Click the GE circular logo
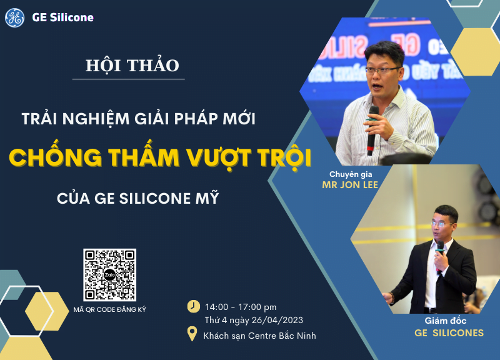point(14,17)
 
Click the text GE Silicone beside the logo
point(62,17)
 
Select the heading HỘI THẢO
point(132,66)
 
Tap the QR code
point(109,274)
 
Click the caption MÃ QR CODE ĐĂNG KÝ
point(109,310)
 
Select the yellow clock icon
point(194,306)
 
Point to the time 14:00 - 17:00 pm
point(241,307)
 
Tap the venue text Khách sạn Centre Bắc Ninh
point(259,336)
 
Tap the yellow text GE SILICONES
point(449,333)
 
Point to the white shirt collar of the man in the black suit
point(442,246)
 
